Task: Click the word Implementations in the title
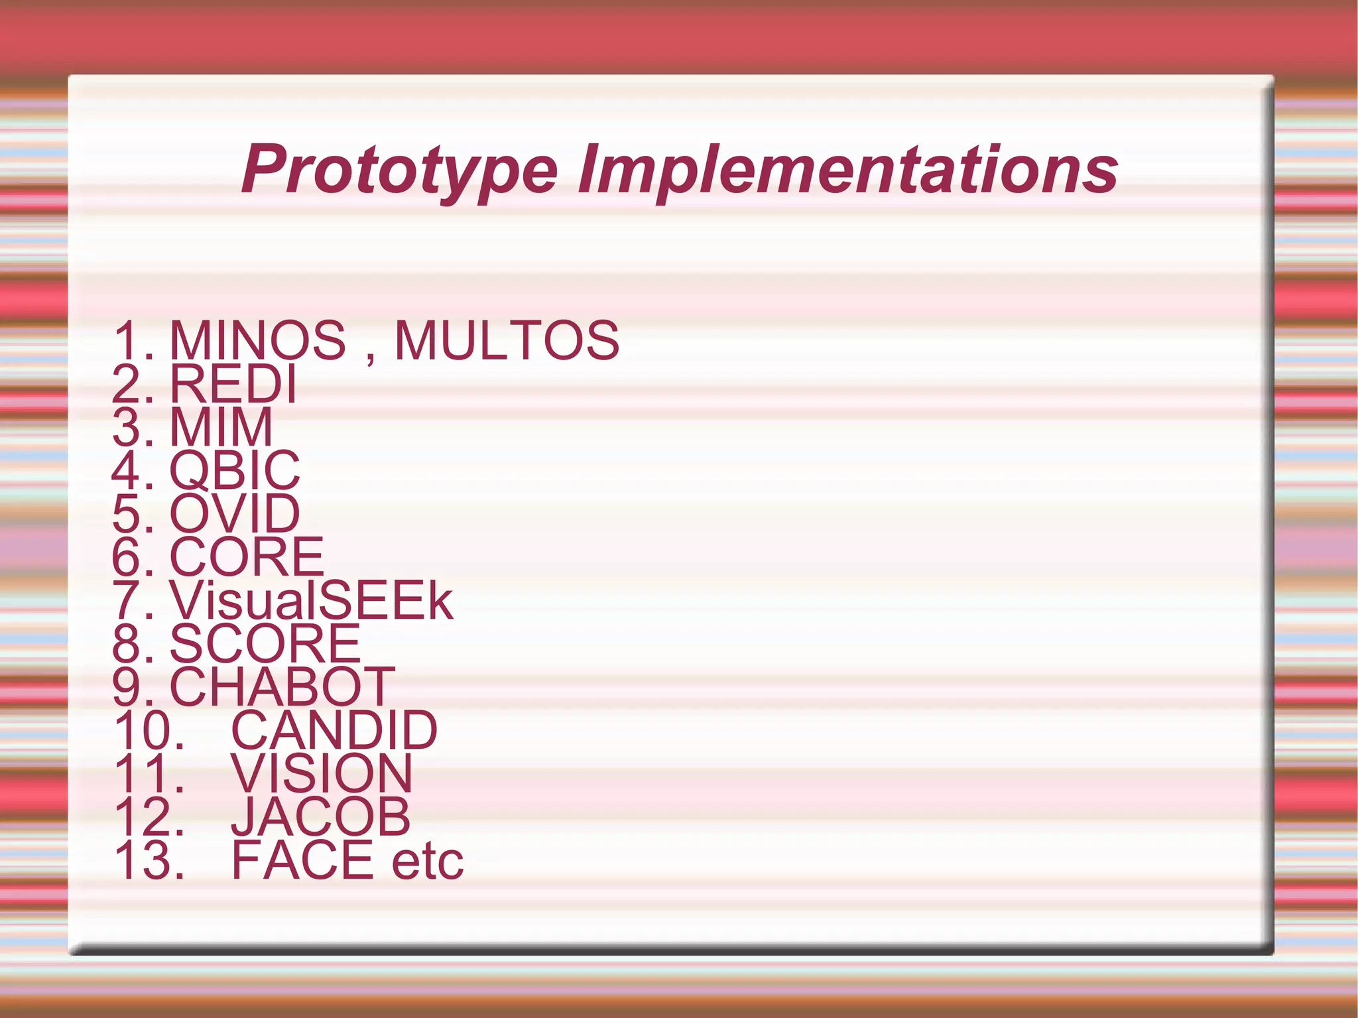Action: (x=847, y=170)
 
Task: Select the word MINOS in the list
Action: (x=257, y=340)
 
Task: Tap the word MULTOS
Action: (x=507, y=340)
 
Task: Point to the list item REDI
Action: (x=233, y=383)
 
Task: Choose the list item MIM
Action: (x=221, y=426)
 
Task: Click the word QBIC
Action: (x=235, y=470)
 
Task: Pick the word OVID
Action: (x=235, y=513)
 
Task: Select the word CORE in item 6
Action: (x=247, y=556)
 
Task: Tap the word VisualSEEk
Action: (x=311, y=600)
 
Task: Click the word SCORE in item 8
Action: (x=265, y=643)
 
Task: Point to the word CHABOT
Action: (x=282, y=686)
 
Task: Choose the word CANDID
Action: (x=334, y=730)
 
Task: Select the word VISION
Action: (x=322, y=773)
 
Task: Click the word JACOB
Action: (x=321, y=816)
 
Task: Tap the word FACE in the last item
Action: (x=302, y=860)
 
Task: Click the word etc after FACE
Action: (x=428, y=861)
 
